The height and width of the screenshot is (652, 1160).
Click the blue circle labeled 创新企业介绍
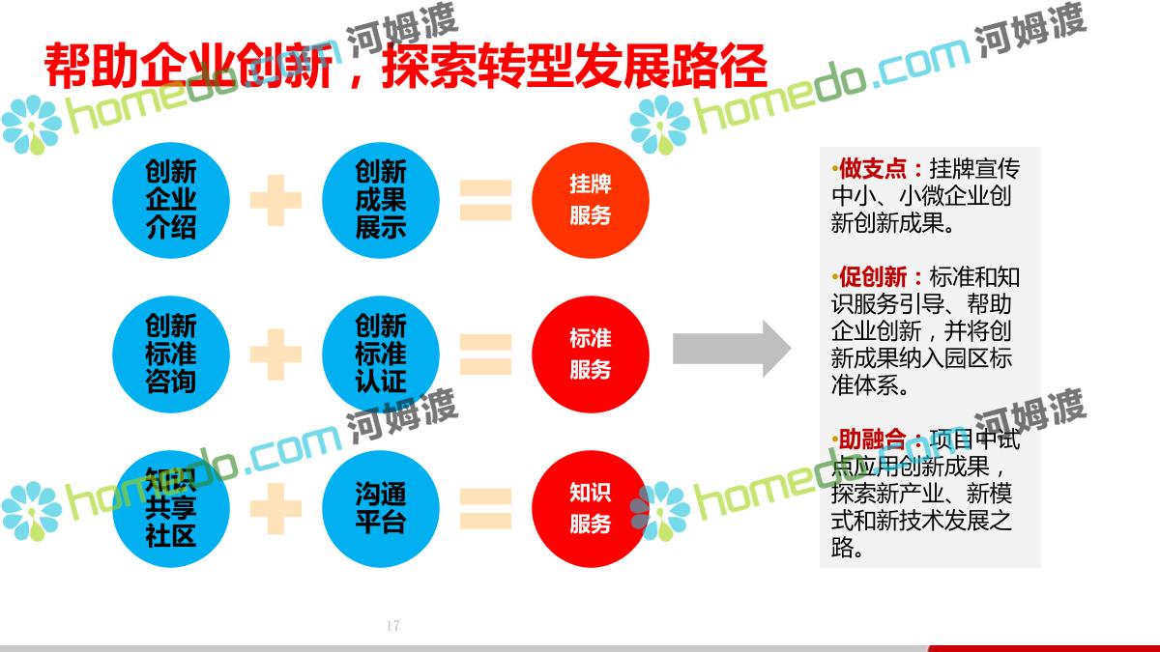point(171,200)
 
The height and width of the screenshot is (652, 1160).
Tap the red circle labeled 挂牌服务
point(590,200)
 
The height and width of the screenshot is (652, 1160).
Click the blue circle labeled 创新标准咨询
point(171,354)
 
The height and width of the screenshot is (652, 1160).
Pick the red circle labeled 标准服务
point(590,354)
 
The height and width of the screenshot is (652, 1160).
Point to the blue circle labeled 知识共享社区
point(171,508)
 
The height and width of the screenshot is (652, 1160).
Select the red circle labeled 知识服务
point(590,508)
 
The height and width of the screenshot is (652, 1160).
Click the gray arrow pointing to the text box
point(731,348)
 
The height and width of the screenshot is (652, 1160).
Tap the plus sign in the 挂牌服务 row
point(275,200)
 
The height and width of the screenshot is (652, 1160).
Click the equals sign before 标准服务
point(484,354)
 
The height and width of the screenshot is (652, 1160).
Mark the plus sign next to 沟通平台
point(275,508)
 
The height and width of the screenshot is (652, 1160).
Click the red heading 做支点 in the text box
point(874,169)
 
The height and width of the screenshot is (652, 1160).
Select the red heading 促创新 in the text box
point(874,277)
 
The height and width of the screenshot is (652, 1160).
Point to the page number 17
point(392,626)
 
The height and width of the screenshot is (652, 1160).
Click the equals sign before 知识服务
point(484,508)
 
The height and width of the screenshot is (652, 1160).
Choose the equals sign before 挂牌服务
point(484,200)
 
